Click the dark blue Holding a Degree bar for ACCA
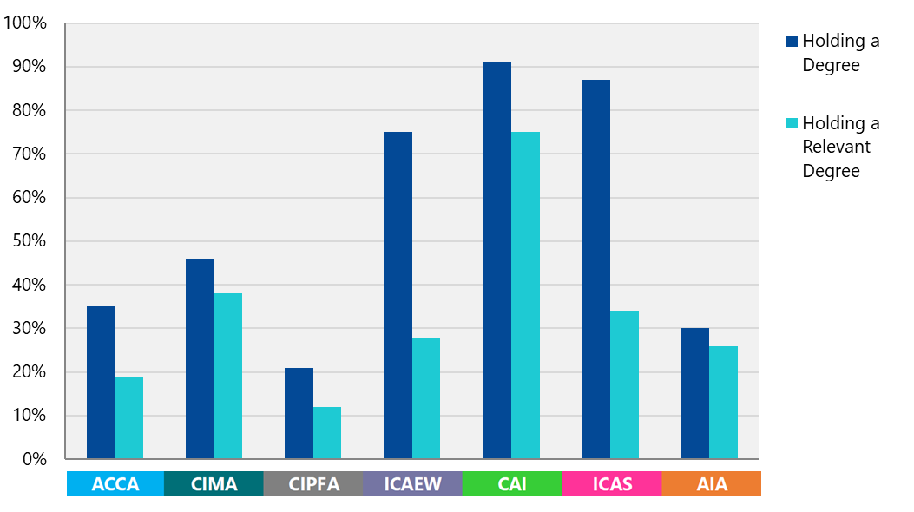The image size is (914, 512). [101, 383]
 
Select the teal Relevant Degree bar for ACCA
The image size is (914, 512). [128, 417]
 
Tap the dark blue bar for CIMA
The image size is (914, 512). [200, 358]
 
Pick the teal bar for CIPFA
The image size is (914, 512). [327, 432]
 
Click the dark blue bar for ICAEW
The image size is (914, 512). [398, 295]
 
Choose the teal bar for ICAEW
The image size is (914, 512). [426, 397]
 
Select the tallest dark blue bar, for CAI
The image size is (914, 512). [497, 260]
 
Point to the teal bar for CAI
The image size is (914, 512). [525, 295]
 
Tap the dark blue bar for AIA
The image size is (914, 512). [695, 393]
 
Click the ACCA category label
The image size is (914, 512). [115, 484]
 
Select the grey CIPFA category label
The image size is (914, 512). [313, 484]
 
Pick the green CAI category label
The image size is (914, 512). [512, 484]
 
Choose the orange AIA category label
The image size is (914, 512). [712, 484]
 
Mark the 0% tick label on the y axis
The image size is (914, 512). [34, 459]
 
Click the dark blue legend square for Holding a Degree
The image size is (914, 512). [791, 42]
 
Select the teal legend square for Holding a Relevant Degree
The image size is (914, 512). [791, 123]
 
